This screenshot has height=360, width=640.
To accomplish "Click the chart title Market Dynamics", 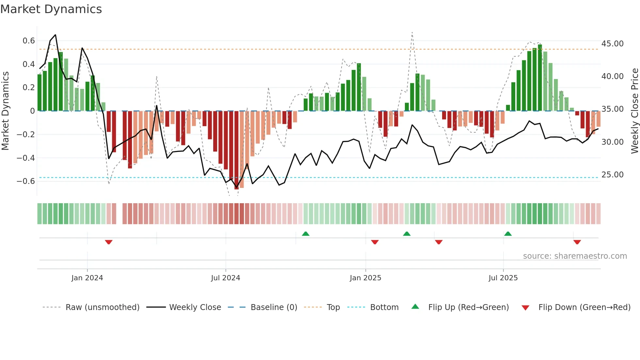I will tap(51, 9).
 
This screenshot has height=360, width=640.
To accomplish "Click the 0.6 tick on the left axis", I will tap(29, 41).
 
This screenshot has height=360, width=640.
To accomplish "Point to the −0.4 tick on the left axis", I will tap(26, 158).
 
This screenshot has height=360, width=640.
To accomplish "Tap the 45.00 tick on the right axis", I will tap(612, 44).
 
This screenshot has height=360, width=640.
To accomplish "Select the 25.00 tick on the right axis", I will tap(612, 175).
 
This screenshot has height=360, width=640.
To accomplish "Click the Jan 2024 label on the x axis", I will tap(87, 278).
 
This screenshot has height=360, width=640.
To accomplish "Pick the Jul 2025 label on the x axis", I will tap(503, 278).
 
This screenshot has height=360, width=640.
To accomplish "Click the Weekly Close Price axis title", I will tap(634, 111).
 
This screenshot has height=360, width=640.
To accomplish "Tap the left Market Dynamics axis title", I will tap(5, 111).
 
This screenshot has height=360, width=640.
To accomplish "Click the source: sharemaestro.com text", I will tap(575, 256).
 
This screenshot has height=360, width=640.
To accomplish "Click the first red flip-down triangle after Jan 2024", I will tap(109, 242).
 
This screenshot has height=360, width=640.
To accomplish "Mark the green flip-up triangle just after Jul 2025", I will tap(508, 234).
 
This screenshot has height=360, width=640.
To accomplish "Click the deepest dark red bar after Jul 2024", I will tap(236, 150).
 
